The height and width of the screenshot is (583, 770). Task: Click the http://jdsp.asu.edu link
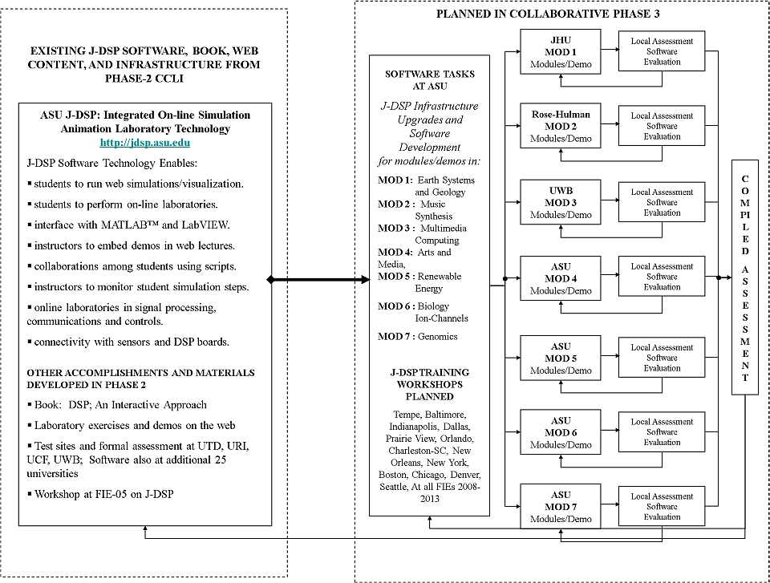pyautogui.click(x=145, y=143)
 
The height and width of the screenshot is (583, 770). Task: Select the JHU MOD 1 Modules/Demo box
pyautogui.click(x=561, y=51)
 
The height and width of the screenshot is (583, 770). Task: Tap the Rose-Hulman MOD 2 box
pyautogui.click(x=561, y=126)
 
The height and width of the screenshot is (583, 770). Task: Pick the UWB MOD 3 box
pyautogui.click(x=561, y=202)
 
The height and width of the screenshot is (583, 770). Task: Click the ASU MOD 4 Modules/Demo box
pyautogui.click(x=561, y=278)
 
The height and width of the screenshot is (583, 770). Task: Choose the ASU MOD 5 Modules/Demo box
pyautogui.click(x=561, y=358)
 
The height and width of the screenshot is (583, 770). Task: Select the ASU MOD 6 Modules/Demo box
pyautogui.click(x=561, y=433)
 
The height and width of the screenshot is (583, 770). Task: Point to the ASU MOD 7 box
pyautogui.click(x=561, y=507)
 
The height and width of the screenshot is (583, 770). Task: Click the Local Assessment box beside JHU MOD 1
pyautogui.click(x=662, y=51)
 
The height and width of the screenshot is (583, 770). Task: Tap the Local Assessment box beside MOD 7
pyautogui.click(x=662, y=506)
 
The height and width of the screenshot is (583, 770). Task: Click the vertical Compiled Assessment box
pyautogui.click(x=745, y=277)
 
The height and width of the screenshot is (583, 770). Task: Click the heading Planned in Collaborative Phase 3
pyautogui.click(x=548, y=14)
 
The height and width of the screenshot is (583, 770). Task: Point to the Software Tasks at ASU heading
pyautogui.click(x=430, y=80)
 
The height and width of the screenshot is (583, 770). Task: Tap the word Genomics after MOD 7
pyautogui.click(x=438, y=337)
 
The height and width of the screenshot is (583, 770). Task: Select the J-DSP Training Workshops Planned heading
pyautogui.click(x=430, y=384)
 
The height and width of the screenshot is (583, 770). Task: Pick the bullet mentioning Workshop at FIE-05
pyautogui.click(x=101, y=494)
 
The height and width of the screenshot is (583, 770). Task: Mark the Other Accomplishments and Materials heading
pyautogui.click(x=140, y=379)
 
